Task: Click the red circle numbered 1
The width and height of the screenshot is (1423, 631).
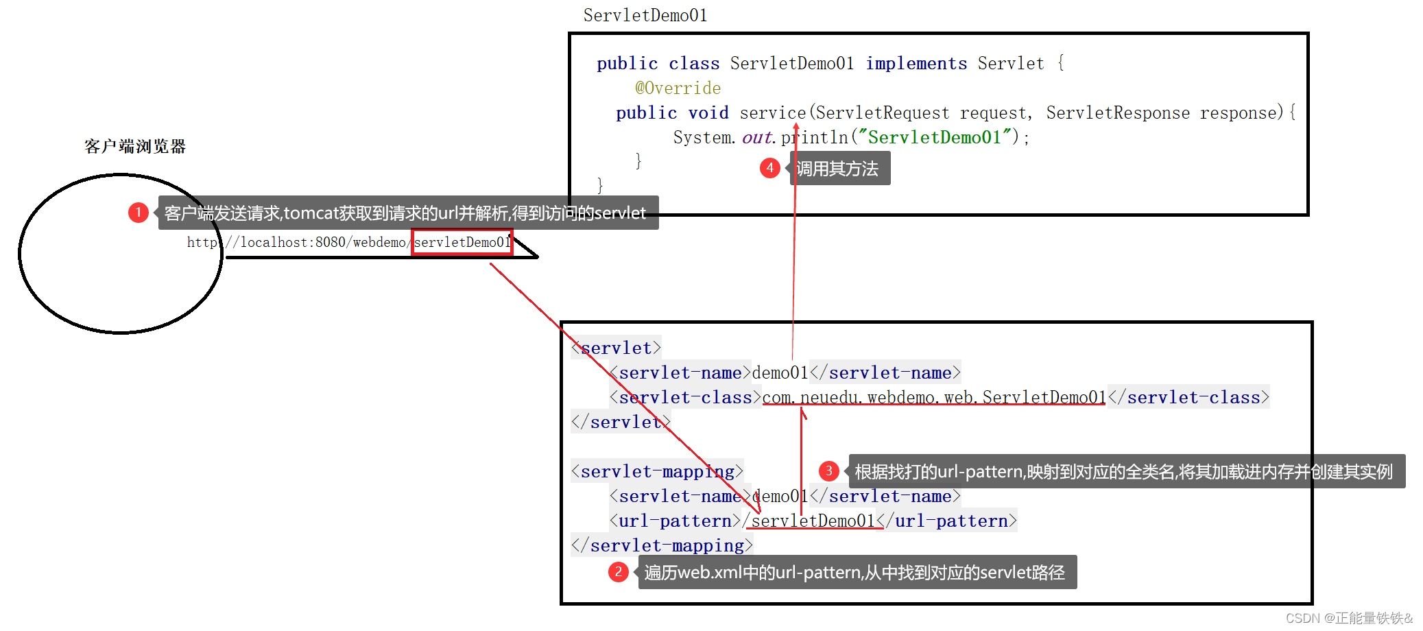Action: click(139, 213)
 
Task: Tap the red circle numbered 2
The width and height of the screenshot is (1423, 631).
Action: click(619, 572)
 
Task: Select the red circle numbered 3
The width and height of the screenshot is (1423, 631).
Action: click(829, 471)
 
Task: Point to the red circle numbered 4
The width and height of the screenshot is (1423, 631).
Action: click(770, 168)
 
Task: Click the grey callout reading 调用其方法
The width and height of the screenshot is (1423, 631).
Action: click(838, 169)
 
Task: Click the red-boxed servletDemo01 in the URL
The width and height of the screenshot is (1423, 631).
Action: click(462, 242)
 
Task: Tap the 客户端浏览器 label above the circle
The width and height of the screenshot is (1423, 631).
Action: click(135, 146)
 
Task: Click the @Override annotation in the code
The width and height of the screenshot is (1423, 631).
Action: click(678, 88)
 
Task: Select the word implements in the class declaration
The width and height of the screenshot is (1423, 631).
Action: click(916, 64)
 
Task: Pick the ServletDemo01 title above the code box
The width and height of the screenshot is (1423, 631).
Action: click(645, 15)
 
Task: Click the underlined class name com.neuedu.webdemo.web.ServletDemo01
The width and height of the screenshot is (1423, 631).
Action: click(934, 397)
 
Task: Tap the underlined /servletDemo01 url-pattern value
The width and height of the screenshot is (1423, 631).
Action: click(809, 521)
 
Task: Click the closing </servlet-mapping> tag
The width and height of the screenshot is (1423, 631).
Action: click(662, 545)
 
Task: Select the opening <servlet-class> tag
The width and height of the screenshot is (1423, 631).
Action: click(685, 397)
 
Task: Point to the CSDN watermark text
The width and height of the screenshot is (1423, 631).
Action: click(1349, 618)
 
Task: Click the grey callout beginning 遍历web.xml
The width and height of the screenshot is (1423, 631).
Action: click(856, 572)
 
